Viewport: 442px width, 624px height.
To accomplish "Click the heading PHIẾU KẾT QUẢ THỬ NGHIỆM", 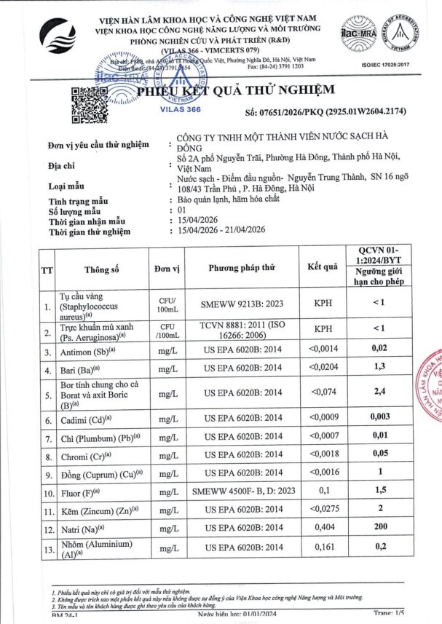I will pyautogui.click(x=237, y=90).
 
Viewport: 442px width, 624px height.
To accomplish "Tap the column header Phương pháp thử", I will pyautogui.click(x=242, y=269).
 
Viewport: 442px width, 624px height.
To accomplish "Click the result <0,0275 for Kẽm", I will pyautogui.click(x=323, y=508).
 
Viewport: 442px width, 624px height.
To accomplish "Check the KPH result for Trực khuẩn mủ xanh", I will pyautogui.click(x=323, y=329).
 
